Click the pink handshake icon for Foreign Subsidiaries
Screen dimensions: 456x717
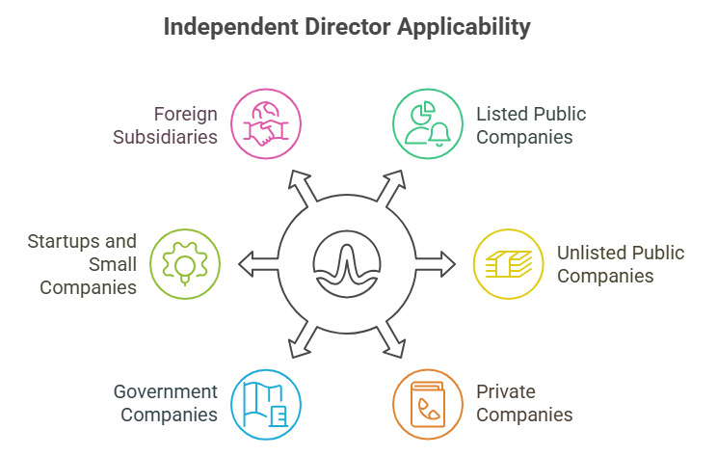266,124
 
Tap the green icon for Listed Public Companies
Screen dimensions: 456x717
428,124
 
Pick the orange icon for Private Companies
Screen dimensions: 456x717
428,404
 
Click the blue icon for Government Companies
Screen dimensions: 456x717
266,404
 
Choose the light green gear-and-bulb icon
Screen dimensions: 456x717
185,263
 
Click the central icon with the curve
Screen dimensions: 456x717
347,263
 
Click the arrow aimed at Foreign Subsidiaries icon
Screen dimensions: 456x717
300,185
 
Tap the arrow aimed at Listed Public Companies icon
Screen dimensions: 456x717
393,185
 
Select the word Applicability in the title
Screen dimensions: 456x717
468,26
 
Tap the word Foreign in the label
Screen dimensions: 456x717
186,114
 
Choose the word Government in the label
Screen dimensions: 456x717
166,391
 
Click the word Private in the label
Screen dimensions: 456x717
506,391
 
